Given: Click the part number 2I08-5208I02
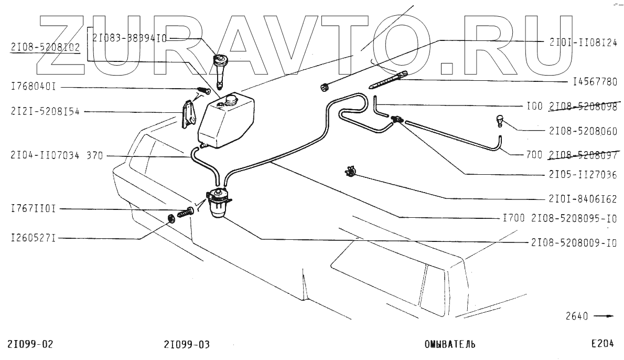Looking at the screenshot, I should [45, 47].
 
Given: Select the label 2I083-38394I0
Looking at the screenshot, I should [130, 38].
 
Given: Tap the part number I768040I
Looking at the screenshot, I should [32, 87].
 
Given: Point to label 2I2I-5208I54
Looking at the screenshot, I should [44, 111].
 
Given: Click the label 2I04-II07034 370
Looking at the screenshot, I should [57, 155].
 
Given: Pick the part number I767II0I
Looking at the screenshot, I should [32, 209].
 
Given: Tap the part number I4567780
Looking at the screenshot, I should [595, 82].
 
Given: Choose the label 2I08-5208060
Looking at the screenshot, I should [583, 131].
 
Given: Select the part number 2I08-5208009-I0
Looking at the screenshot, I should [574, 243].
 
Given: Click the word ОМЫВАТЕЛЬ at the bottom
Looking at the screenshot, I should [449, 345].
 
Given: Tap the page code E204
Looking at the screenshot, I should [602, 344].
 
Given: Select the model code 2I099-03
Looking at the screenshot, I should [187, 345].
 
